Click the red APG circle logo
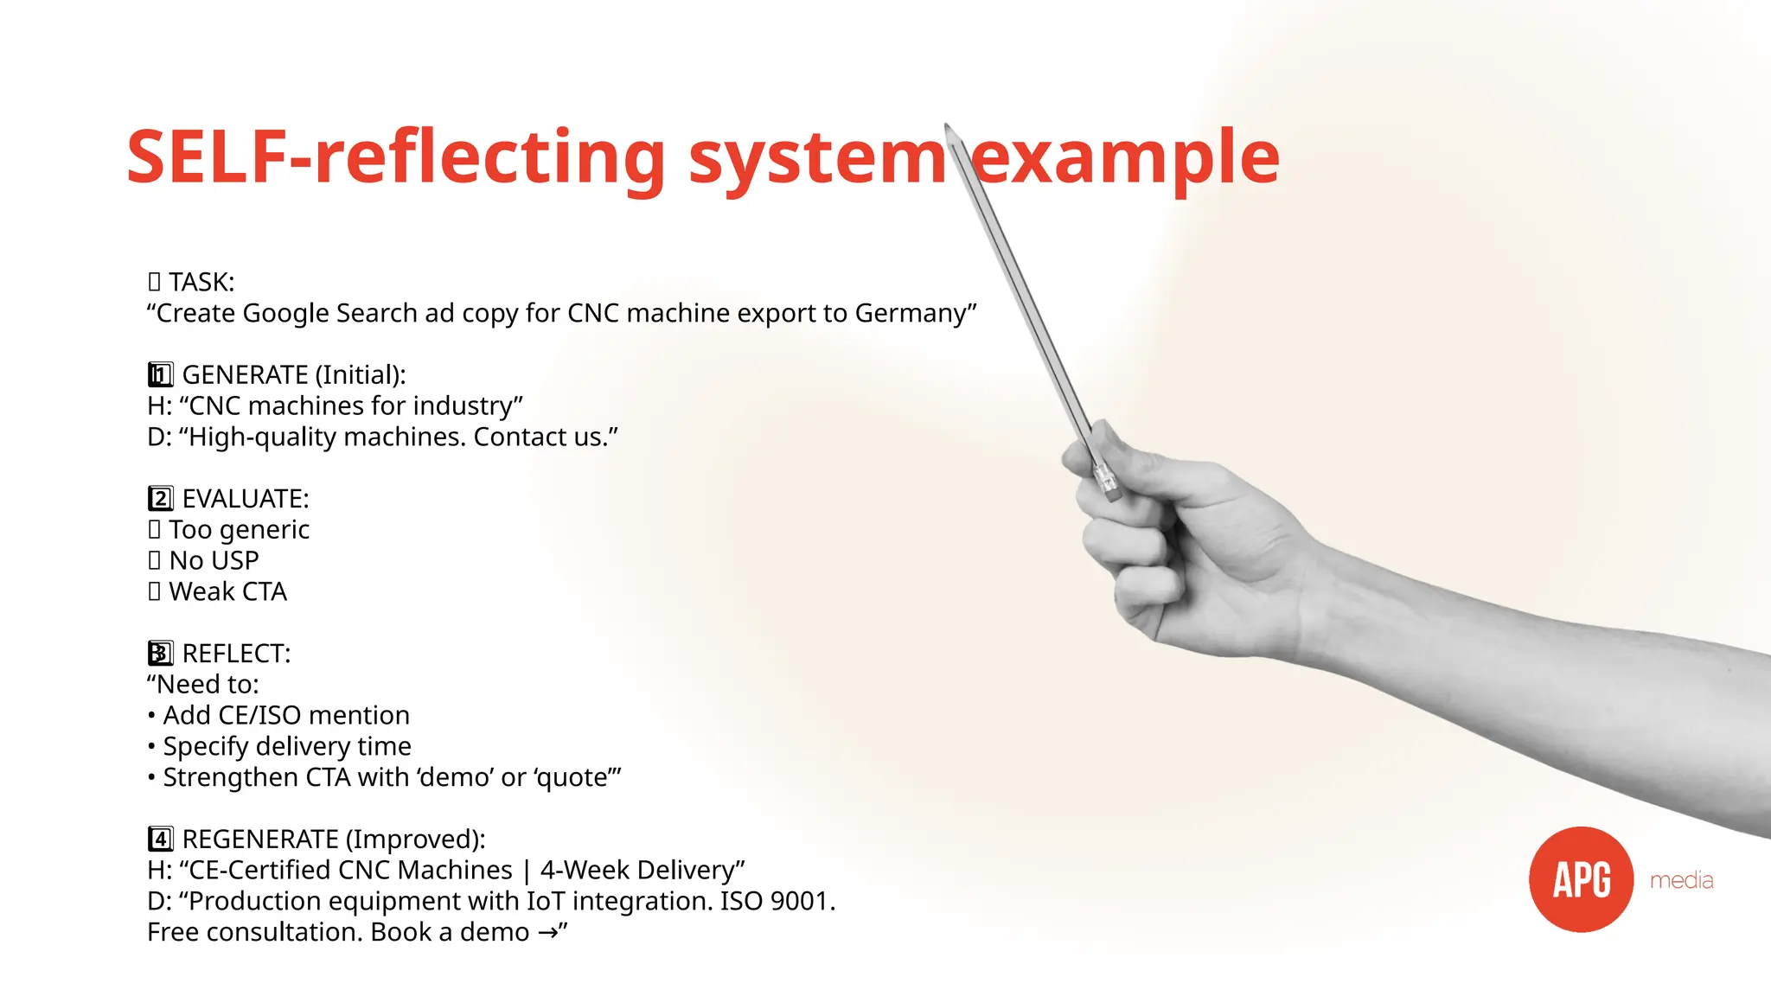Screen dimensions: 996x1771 (x=1581, y=879)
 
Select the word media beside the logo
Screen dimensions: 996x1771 (x=1681, y=880)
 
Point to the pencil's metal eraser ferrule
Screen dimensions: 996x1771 (x=1105, y=478)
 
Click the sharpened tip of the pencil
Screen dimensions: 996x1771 (x=947, y=127)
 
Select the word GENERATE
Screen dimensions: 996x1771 (x=245, y=375)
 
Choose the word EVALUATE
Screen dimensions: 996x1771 (x=245, y=499)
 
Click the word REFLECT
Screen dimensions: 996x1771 (x=235, y=654)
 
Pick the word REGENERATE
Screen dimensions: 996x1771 (x=259, y=840)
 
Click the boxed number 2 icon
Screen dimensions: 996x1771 (x=160, y=499)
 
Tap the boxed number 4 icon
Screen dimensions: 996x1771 (x=160, y=840)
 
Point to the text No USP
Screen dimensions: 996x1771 (x=214, y=561)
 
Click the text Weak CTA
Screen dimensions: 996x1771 (x=227, y=592)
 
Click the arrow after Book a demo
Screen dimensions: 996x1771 (x=547, y=933)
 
